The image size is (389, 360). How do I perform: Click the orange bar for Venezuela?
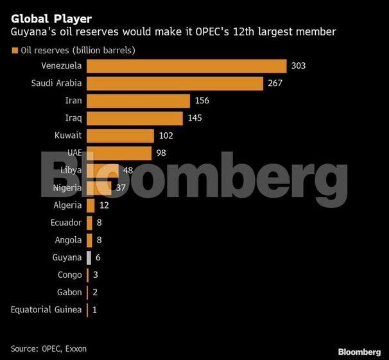pyautogui.click(x=186, y=66)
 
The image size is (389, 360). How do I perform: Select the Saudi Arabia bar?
pyautogui.click(x=175, y=83)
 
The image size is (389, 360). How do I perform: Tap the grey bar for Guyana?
pyautogui.click(x=89, y=257)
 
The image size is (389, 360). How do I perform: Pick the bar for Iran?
pyautogui.click(x=138, y=101)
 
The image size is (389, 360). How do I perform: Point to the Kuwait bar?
pyautogui.click(x=120, y=135)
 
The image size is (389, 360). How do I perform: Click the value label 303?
pyautogui.click(x=299, y=66)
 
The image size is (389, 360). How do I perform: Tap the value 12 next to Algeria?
pyautogui.click(x=105, y=205)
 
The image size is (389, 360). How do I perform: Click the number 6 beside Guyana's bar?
pyautogui.click(x=98, y=257)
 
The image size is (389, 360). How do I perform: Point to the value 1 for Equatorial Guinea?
pyautogui.click(x=95, y=310)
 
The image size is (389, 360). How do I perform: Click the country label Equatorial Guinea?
pyautogui.click(x=46, y=310)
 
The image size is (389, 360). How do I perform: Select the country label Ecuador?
pyautogui.click(x=66, y=223)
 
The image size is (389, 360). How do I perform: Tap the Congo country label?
pyautogui.click(x=69, y=275)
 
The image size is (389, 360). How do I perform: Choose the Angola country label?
pyautogui.click(x=68, y=240)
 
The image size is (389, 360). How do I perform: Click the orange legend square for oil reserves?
pyautogui.click(x=13, y=50)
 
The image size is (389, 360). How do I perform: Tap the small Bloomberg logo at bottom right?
pyautogui.click(x=359, y=352)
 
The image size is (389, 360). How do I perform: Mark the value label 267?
pyautogui.click(x=276, y=83)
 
